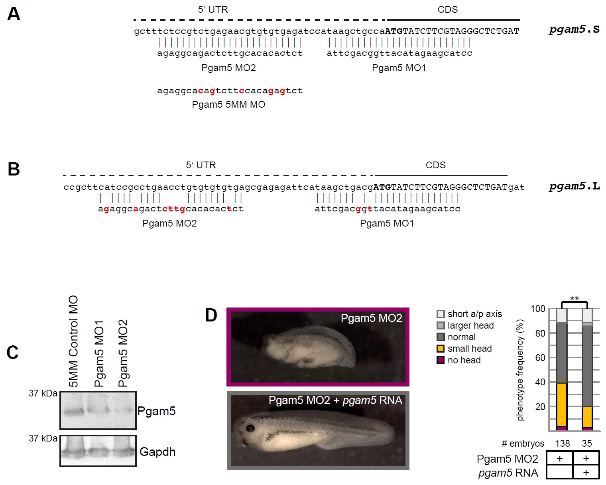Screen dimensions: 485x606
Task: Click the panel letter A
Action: point(14,14)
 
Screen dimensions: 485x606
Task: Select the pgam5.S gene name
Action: point(574,30)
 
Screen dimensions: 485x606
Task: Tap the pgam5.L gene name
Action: point(574,186)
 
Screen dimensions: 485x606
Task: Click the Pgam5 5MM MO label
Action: point(228,104)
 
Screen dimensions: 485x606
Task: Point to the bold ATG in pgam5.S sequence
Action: point(394,31)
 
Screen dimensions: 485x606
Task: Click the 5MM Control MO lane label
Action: point(73,341)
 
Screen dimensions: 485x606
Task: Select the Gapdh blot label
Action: point(157,452)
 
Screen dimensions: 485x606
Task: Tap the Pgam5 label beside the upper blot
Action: point(156,411)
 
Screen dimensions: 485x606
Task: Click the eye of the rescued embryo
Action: point(250,429)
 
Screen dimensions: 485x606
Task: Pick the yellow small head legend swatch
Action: point(441,349)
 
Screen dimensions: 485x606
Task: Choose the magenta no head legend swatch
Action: point(441,360)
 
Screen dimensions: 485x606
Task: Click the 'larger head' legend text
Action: point(470,325)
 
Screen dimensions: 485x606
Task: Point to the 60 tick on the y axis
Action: point(540,358)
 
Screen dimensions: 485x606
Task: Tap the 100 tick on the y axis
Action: point(538,309)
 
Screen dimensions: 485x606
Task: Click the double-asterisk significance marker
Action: point(574,299)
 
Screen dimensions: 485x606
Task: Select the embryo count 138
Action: point(562,444)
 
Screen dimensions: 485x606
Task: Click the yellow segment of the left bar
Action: point(561,404)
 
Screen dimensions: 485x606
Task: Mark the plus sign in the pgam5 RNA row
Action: point(586,473)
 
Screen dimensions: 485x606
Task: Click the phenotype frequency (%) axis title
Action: point(520,370)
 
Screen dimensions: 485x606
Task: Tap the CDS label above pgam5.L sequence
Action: point(435,165)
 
